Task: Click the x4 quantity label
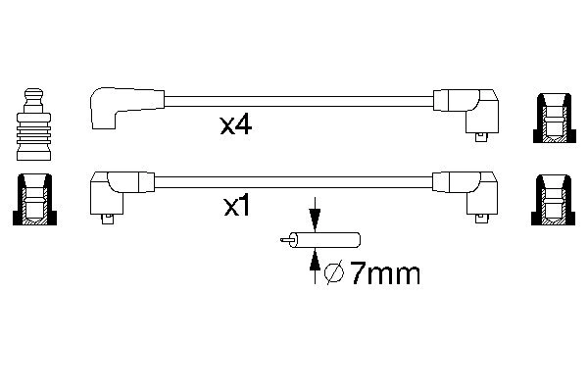tap(236, 125)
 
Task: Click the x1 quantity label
tap(236, 206)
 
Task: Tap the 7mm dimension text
tap(384, 273)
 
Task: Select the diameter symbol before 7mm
tap(334, 273)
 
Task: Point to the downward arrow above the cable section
tap(315, 215)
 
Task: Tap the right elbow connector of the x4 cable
tap(466, 112)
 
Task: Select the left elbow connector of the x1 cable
tap(122, 194)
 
